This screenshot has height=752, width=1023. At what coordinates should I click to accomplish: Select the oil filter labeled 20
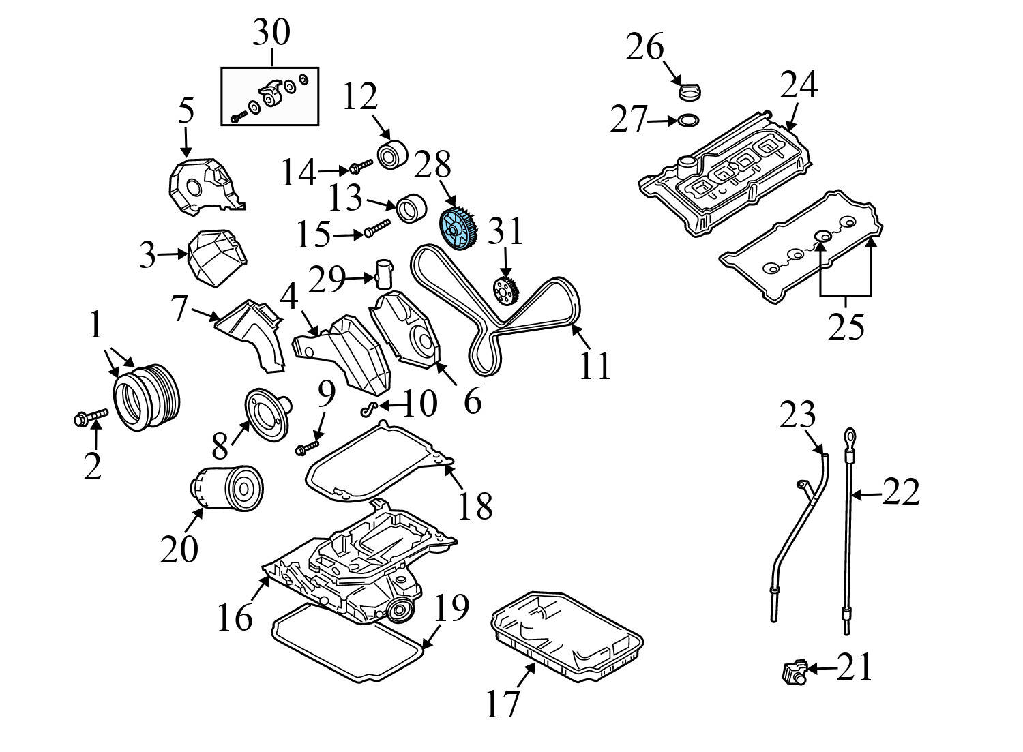coord(226,487)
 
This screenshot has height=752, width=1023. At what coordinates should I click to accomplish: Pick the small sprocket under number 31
coord(506,292)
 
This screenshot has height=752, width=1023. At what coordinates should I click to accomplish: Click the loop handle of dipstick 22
coord(849,436)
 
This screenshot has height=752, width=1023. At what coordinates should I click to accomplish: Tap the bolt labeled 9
coord(306,447)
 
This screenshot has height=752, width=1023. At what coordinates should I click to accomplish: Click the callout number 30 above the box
coord(271,33)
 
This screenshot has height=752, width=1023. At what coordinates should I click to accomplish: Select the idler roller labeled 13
coord(411,207)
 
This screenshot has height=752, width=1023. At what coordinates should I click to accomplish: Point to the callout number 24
coord(799,86)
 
